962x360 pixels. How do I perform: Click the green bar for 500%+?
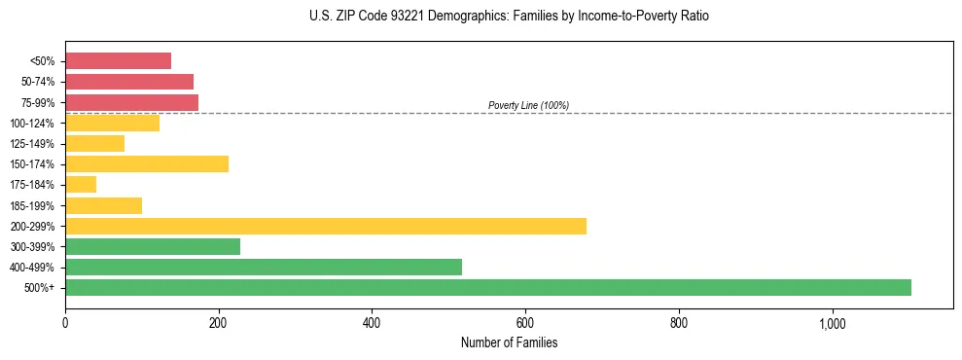point(488,287)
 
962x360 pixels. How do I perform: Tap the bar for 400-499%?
point(264,267)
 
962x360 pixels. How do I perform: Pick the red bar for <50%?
point(118,61)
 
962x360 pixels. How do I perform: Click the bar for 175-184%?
point(81,184)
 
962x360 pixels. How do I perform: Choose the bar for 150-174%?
point(147,163)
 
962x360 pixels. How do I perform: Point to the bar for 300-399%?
point(153,246)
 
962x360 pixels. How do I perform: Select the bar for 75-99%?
point(131,102)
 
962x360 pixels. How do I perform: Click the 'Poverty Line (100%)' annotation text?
point(528,105)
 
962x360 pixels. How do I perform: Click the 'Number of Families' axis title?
point(509,342)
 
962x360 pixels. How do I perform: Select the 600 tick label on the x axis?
point(525,323)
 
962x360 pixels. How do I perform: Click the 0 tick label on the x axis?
point(65,323)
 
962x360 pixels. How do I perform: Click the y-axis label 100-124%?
point(32,124)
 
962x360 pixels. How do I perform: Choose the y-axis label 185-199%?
point(32,205)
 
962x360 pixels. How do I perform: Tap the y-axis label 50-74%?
point(36,82)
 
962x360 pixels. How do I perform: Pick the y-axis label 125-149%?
point(32,144)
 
